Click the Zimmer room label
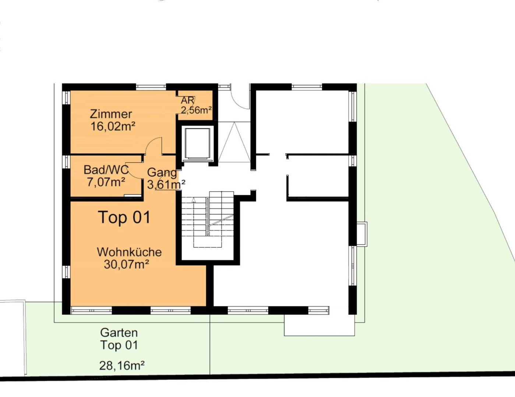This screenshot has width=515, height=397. [x=111, y=114]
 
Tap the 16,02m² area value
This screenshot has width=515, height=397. [x=113, y=126]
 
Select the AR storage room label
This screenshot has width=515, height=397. [x=187, y=101]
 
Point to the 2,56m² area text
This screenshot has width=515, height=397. [x=196, y=110]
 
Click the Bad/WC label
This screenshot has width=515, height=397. [x=106, y=170]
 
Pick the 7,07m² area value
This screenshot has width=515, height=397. [x=106, y=182]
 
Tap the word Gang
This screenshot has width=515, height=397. [x=162, y=173]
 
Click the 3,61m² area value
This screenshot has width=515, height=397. [x=166, y=185]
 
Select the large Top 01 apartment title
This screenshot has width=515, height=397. [x=124, y=217]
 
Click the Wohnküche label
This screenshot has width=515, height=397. [x=129, y=252]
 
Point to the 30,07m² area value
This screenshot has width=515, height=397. [x=126, y=264]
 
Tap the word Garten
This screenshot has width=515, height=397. [x=119, y=333]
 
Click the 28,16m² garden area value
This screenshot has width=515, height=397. [x=122, y=365]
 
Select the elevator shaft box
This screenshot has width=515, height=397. [x=197, y=143]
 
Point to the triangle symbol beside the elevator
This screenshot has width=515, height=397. [x=234, y=142]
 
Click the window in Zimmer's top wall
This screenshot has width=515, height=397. [x=151, y=87]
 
